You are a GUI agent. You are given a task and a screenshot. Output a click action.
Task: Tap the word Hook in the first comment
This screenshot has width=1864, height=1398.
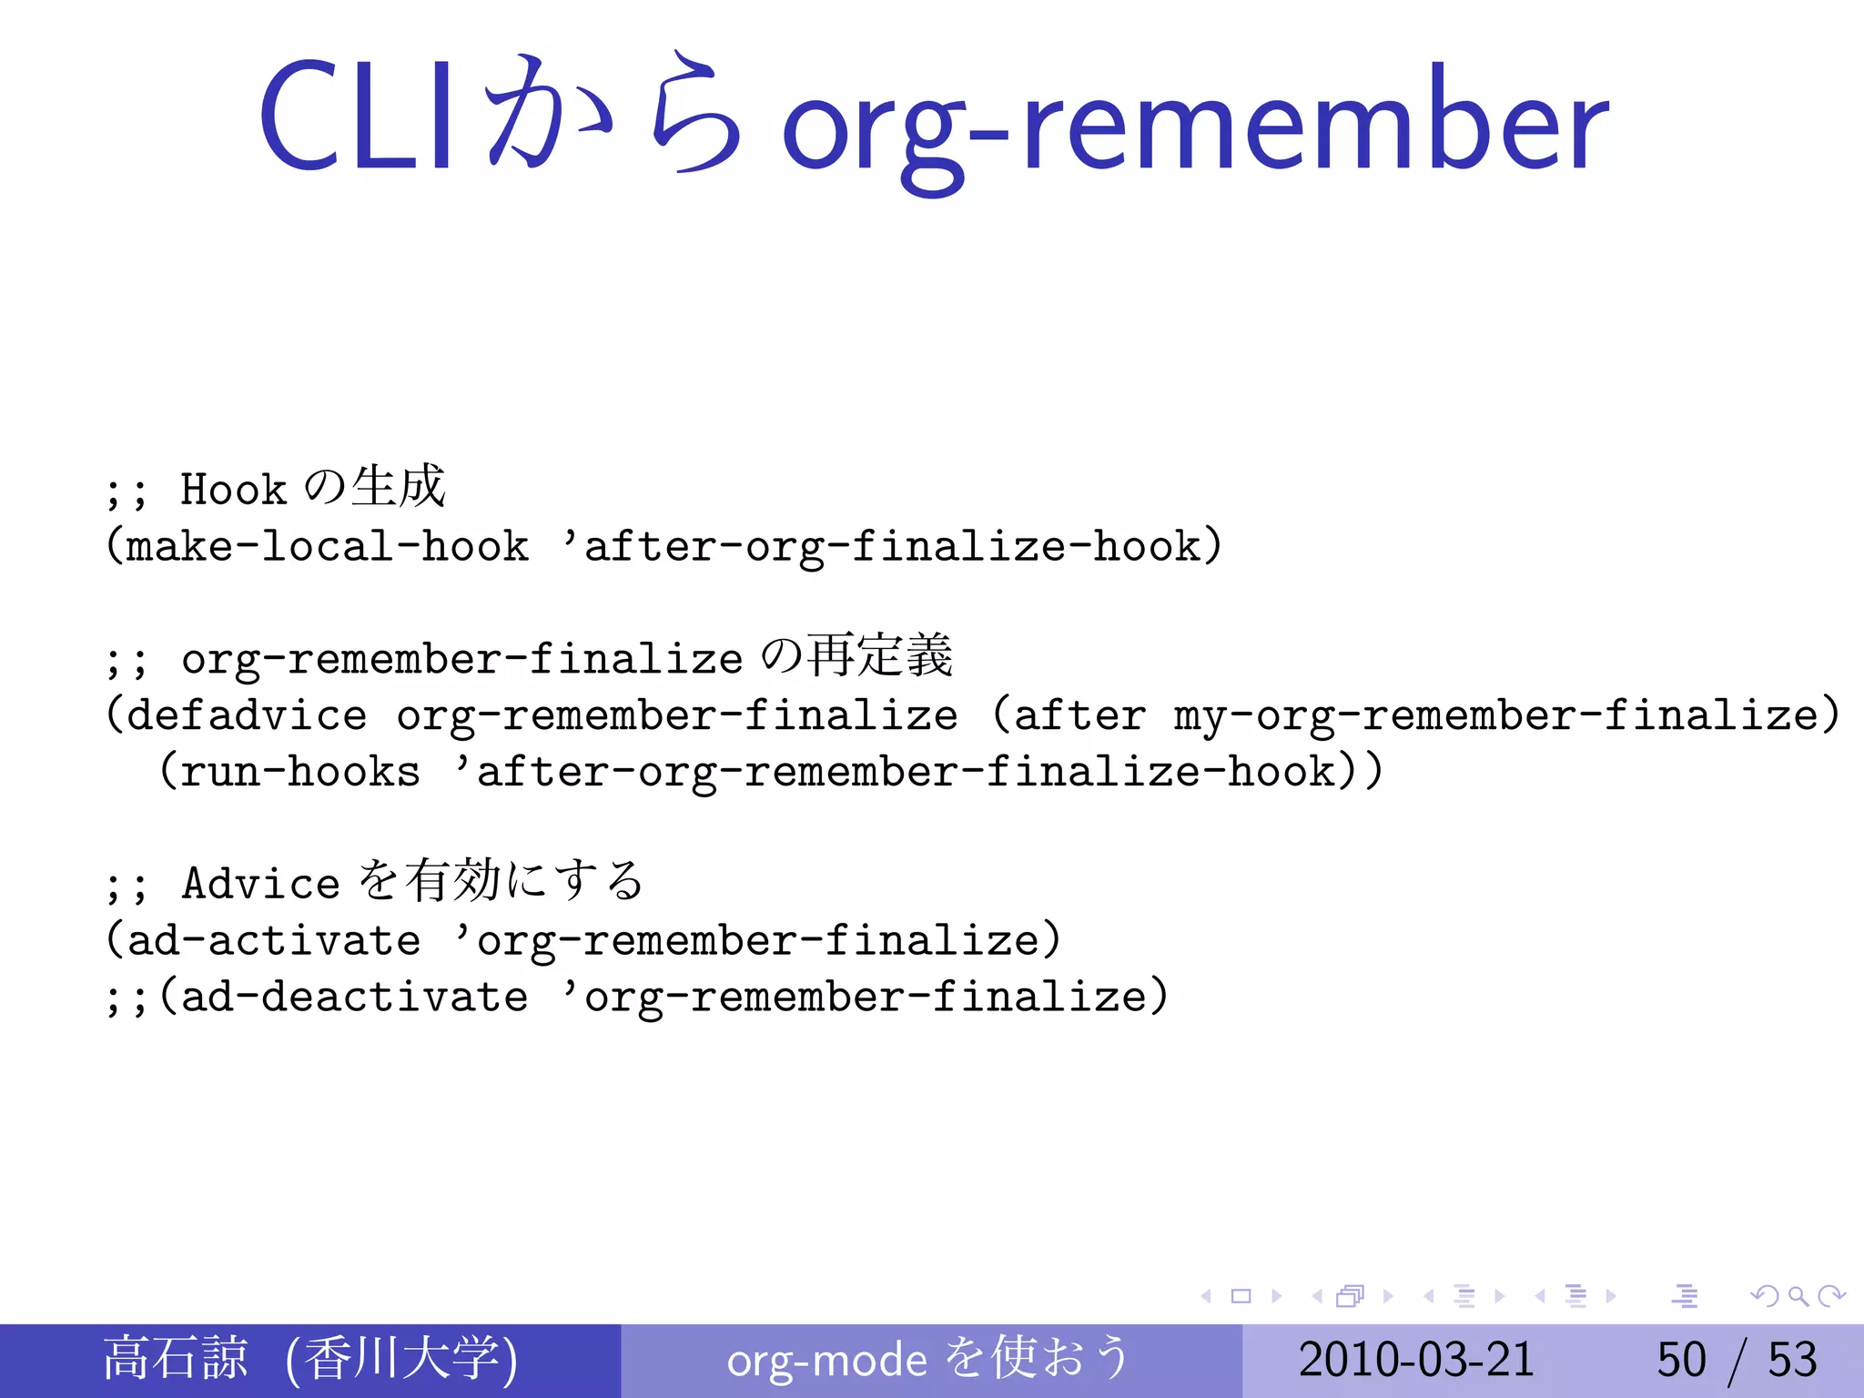[x=233, y=490]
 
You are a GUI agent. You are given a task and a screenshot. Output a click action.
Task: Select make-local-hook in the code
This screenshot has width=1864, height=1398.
[x=328, y=546]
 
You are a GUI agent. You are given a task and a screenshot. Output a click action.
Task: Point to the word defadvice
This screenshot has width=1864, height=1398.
[x=247, y=715]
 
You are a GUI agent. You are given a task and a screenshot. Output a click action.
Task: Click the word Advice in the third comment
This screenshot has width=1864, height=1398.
[x=260, y=884]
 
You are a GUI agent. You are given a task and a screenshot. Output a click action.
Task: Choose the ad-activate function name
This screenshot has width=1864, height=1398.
[x=274, y=940]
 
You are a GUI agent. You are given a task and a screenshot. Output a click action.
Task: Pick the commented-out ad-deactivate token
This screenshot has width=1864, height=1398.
[x=354, y=997]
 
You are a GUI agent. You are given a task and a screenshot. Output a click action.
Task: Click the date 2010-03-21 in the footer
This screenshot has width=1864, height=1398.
[x=1416, y=1360]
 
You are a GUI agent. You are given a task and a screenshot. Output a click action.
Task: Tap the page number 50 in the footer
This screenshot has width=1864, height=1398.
[x=1681, y=1360]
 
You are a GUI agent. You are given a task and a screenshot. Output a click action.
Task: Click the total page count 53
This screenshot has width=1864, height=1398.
[x=1792, y=1360]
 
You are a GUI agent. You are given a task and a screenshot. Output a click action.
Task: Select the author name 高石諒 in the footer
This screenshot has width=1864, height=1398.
[x=175, y=1358]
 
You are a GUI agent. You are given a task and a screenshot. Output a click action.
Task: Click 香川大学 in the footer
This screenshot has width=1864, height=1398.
[x=400, y=1358]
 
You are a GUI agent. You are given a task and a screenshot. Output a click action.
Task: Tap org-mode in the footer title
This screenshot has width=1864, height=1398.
[x=826, y=1361]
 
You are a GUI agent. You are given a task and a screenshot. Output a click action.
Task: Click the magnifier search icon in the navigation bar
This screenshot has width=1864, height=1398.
[x=1798, y=1296]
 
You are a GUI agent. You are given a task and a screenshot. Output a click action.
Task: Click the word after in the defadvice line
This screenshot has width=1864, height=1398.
[x=1079, y=715]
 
